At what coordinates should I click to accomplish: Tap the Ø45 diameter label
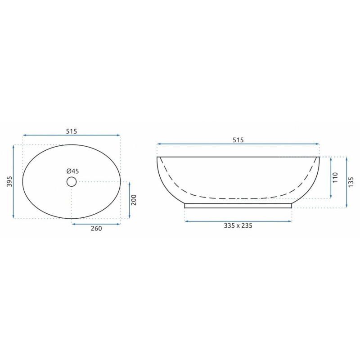coord(72,171)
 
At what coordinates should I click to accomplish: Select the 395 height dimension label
coord(9,181)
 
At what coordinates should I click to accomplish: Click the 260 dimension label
coord(96,229)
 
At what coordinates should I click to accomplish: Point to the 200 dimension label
coord(133,200)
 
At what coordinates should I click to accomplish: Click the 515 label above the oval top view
coord(72,131)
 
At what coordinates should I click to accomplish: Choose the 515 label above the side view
coord(238,140)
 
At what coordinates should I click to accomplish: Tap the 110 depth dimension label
coord(335,177)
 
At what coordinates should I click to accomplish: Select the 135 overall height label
coord(351,182)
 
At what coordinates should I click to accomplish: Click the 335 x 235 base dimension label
coord(238,226)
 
